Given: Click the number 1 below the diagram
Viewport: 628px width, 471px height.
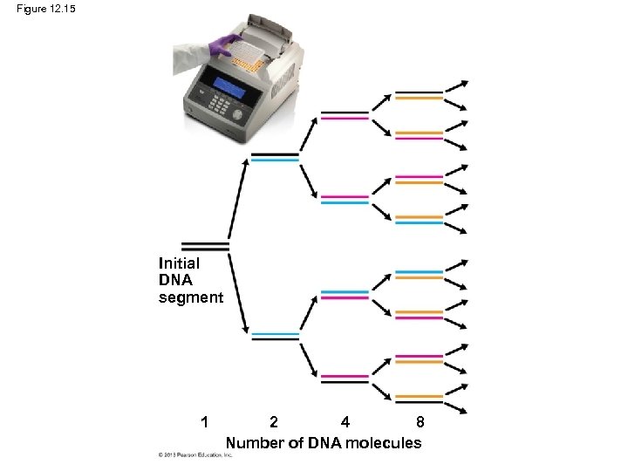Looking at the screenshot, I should tap(203, 422).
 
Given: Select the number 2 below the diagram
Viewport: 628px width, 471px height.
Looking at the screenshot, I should tap(274, 422).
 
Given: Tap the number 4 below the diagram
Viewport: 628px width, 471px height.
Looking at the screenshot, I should tap(345, 422).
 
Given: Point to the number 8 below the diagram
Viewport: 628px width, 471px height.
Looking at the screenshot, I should tap(420, 422).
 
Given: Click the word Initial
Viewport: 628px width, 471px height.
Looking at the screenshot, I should tap(179, 263).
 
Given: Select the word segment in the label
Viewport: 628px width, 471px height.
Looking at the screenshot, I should tap(190, 297).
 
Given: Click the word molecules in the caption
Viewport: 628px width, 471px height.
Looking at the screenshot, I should tap(383, 443).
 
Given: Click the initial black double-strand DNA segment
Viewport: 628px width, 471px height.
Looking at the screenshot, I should tap(204, 247).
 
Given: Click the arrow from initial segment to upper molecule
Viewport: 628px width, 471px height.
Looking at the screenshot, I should tap(236, 200).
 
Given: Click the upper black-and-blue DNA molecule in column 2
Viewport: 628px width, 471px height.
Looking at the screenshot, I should tap(275, 157).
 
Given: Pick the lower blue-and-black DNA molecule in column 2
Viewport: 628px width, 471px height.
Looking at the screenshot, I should tap(275, 337).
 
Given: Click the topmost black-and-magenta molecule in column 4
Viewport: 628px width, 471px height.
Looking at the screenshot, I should tap(345, 114).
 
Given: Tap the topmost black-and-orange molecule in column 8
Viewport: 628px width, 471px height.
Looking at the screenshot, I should tap(419, 95).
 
